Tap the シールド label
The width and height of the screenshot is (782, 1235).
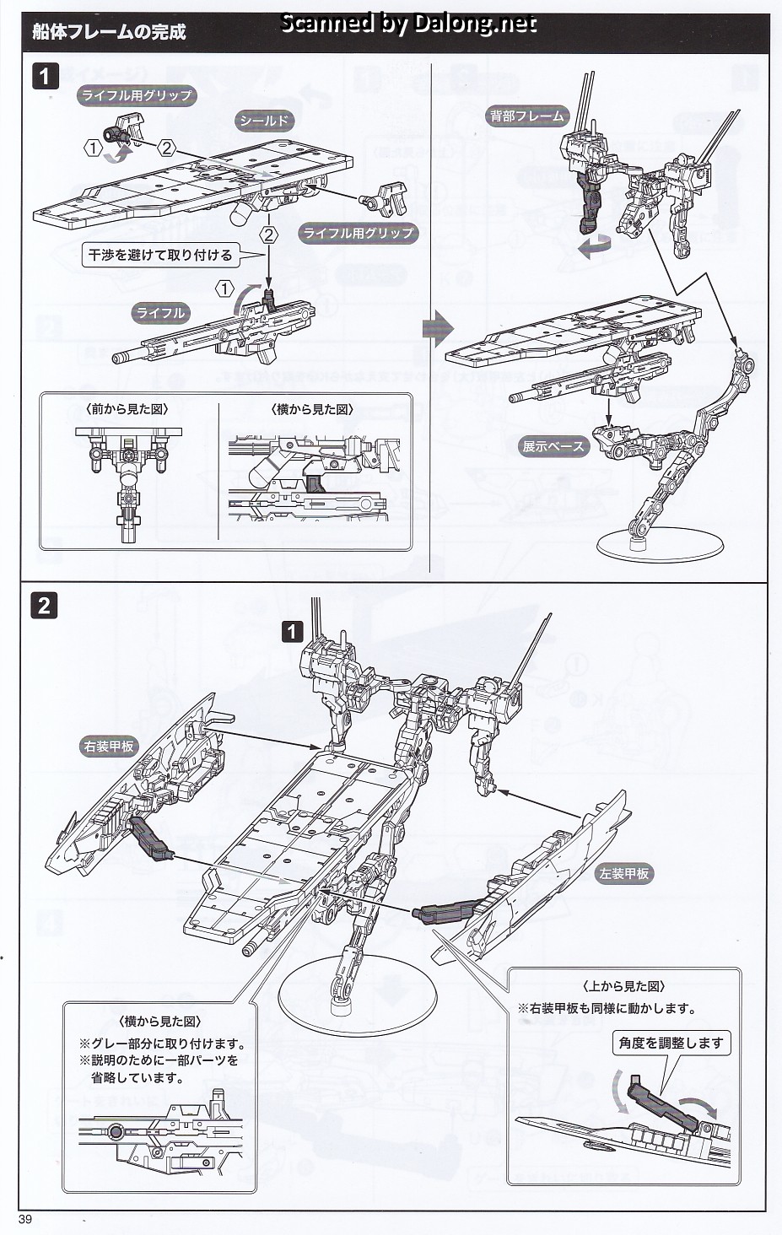[264, 121]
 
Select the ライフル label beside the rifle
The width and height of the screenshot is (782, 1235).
[160, 313]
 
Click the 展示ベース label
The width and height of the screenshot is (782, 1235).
[553, 446]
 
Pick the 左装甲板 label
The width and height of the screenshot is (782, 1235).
[624, 874]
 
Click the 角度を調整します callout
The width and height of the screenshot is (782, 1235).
[671, 1043]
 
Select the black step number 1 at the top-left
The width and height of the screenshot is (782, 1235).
[44, 77]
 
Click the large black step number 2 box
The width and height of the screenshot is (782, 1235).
[44, 605]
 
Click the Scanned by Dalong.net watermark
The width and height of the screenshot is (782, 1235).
[407, 24]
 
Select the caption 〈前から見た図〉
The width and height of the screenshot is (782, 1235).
[127, 409]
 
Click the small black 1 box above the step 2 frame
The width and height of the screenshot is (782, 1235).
[291, 631]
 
